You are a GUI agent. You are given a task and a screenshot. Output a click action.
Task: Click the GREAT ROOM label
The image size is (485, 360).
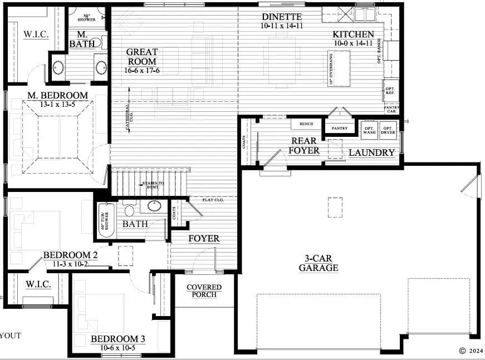[142, 57]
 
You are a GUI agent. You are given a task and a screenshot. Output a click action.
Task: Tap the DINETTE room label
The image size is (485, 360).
[282, 17]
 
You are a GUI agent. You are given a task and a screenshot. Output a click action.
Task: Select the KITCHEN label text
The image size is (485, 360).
[354, 34]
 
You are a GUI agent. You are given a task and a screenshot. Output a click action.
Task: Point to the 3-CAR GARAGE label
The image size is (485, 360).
[318, 263]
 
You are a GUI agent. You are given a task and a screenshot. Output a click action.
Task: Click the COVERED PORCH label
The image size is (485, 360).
[204, 291]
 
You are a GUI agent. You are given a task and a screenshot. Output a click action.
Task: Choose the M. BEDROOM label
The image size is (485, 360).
[58, 96]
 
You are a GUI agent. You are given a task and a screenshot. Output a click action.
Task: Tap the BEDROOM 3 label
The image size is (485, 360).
[118, 339]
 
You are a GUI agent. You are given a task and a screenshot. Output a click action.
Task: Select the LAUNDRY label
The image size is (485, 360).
[372, 152]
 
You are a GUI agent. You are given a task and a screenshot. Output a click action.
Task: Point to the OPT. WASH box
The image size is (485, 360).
[369, 129]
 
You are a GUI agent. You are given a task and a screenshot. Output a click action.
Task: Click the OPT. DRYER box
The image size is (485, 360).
[388, 129]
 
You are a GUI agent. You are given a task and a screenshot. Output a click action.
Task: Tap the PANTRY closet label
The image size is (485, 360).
[339, 129]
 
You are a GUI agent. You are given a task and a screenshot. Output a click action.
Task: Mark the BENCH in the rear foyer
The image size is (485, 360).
[306, 124]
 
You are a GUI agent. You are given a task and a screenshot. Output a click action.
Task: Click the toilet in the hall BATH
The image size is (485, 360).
[130, 210]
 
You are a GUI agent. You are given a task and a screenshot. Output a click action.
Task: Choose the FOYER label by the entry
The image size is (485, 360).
[203, 239]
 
